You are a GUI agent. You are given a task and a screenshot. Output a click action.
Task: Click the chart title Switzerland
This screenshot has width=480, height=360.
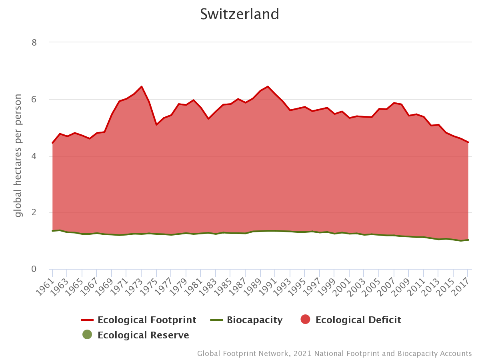[x=240, y=14]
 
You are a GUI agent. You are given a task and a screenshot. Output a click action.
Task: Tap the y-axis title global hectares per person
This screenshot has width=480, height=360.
[x=18, y=156]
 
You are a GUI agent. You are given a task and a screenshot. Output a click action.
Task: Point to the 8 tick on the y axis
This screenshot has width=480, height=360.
[x=34, y=42]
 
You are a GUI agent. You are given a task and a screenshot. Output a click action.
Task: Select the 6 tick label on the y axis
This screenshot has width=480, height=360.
[x=34, y=100]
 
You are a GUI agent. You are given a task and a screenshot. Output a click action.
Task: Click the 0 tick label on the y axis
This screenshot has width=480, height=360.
[x=34, y=269]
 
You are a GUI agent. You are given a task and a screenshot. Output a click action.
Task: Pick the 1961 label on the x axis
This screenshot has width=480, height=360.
[x=45, y=286]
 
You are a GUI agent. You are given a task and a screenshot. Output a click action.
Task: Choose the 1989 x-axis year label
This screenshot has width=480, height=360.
[x=254, y=286]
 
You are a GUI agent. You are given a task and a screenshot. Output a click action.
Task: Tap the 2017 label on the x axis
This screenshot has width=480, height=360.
[x=461, y=286]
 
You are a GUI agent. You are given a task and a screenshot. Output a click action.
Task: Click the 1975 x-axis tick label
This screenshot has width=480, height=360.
[x=149, y=286]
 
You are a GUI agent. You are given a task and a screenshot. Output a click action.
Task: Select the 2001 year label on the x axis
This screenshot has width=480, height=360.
[x=342, y=286]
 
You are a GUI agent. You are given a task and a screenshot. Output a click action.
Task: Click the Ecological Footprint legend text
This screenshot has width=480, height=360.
[x=147, y=320]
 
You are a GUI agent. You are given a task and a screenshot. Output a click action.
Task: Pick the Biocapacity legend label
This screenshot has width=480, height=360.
[x=255, y=320]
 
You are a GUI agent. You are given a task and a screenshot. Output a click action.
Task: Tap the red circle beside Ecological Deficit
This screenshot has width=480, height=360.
[x=305, y=320]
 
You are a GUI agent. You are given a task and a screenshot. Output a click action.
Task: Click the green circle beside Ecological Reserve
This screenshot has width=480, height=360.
[x=87, y=335]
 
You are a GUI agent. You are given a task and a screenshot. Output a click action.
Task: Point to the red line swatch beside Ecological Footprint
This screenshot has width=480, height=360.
[x=87, y=320]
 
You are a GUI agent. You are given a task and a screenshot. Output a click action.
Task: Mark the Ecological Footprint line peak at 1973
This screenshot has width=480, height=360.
[x=142, y=86]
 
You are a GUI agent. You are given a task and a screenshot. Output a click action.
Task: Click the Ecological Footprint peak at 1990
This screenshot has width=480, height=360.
[x=268, y=86]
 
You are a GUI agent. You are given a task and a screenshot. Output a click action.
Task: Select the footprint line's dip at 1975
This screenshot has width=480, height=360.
[x=156, y=125]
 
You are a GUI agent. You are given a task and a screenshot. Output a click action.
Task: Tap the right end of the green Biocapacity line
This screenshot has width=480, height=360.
[x=468, y=240]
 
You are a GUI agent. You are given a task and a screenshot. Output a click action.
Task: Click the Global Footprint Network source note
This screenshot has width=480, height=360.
[x=334, y=354]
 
